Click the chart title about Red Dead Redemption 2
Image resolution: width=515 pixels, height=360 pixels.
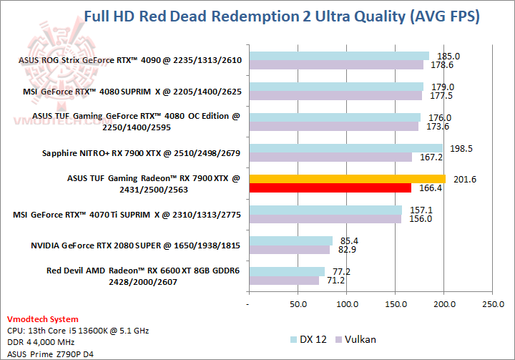coord(282,16)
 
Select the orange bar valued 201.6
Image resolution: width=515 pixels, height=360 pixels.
coord(347,178)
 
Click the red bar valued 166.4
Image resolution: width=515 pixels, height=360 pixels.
coord(330,188)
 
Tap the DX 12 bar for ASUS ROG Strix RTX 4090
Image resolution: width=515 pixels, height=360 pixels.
coord(339,55)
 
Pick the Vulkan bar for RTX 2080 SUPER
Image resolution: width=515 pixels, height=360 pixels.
coord(289,250)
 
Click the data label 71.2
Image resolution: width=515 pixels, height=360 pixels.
coord(336,281)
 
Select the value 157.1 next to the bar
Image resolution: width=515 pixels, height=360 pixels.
coord(421,210)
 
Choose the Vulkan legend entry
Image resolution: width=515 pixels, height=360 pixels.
coord(360,339)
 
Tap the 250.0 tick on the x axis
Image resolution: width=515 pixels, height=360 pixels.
coord(493,304)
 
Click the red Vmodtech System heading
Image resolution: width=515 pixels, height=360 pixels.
coord(43,319)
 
